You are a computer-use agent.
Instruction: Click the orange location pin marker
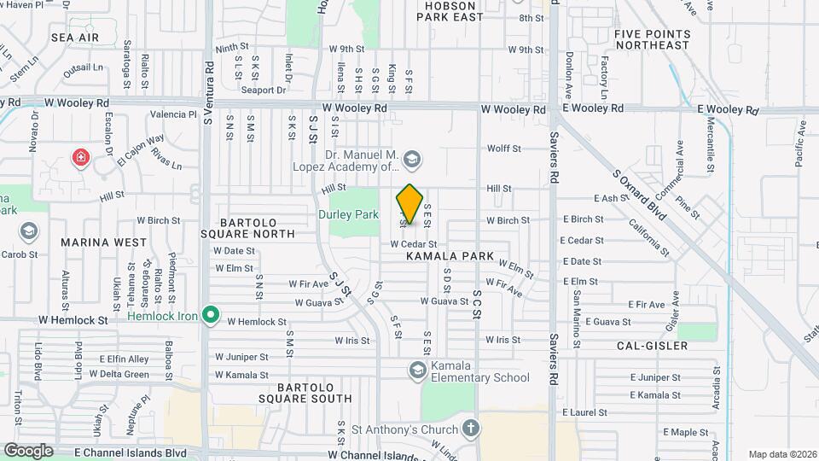[410, 204]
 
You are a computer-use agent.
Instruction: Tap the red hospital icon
[81, 158]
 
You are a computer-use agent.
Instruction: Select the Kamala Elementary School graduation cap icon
[418, 370]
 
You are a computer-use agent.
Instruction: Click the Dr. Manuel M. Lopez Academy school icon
[413, 160]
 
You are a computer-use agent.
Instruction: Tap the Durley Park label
[348, 214]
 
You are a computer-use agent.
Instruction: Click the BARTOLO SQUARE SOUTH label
[293, 391]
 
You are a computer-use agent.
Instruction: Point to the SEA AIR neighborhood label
[75, 38]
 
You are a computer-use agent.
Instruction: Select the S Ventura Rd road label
[207, 92]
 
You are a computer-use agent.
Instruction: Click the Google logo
[28, 450]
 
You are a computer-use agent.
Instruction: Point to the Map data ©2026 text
[781, 454]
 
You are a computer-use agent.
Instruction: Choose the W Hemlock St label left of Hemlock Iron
[73, 320]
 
